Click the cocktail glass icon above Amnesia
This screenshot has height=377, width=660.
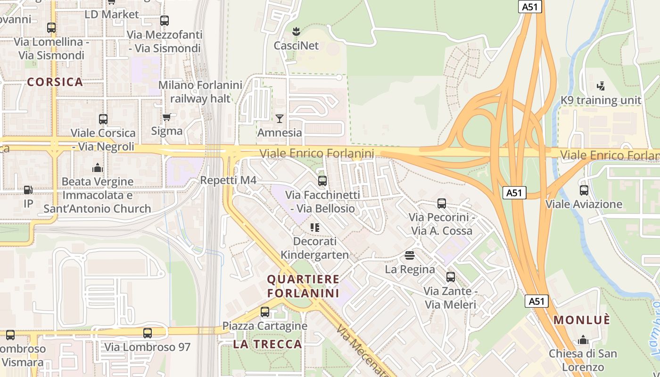tap(280, 118)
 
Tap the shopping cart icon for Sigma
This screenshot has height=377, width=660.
tap(166, 117)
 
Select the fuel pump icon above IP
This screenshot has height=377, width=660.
tap(28, 190)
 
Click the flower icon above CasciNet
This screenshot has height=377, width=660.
tap(296, 32)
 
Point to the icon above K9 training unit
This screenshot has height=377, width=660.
tap(601, 86)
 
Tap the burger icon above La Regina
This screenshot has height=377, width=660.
tap(409, 255)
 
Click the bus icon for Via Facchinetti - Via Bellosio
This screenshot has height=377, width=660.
tap(322, 181)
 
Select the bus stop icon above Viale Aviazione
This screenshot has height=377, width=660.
tap(584, 190)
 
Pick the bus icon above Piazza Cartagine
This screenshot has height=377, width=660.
tap(265, 312)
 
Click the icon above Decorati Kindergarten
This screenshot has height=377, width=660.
tap(315, 228)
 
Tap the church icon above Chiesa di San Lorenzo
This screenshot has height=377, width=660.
tap(583, 340)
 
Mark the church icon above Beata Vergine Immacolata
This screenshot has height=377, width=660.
tap(98, 168)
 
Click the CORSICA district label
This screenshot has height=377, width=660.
tap(55, 82)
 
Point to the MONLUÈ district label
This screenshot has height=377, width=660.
tap(582, 320)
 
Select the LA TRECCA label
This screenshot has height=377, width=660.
tap(267, 344)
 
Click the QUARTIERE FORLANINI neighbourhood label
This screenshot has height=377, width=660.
tap(303, 286)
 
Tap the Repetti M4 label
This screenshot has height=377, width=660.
tap(228, 180)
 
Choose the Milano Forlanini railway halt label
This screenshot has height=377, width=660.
tap(200, 92)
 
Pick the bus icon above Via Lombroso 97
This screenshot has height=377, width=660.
tap(148, 333)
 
